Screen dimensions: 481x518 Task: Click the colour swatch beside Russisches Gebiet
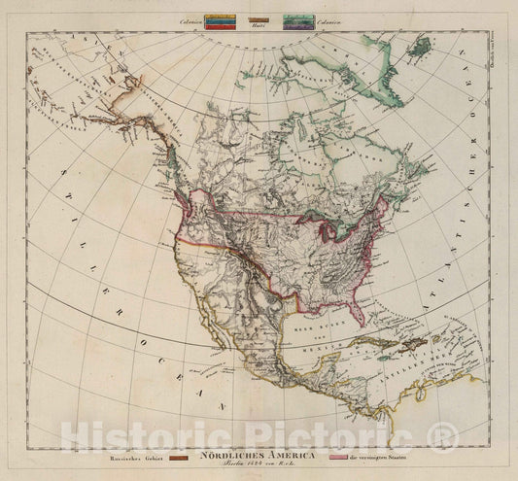(179, 455)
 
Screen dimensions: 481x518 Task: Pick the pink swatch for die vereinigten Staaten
(337, 455)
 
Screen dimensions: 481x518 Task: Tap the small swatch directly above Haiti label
(258, 18)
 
